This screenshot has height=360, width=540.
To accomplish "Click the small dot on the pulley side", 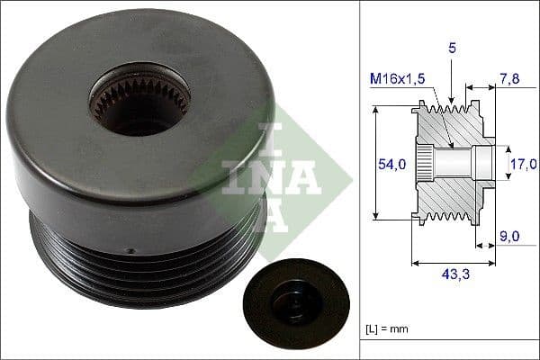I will pyautogui.click(x=130, y=251).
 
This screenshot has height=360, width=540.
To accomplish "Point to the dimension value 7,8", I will pyautogui.click(x=508, y=80).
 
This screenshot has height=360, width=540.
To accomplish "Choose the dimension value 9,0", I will pyautogui.click(x=508, y=238).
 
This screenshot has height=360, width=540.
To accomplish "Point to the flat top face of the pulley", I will pyautogui.click(x=135, y=153).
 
